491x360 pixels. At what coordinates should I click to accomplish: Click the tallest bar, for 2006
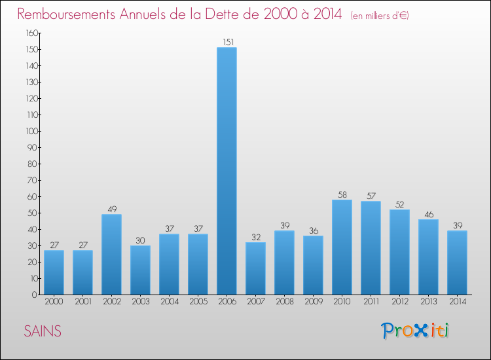click(227, 171)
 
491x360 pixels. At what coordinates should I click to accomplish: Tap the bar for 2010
click(342, 247)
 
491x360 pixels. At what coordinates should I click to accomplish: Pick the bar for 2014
click(457, 262)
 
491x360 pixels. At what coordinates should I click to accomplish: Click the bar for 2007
click(255, 268)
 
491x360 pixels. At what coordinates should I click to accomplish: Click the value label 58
click(342, 195)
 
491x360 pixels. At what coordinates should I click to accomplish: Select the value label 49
click(111, 209)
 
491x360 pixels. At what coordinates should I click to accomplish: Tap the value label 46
click(428, 215)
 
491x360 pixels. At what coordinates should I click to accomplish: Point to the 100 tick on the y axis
click(31, 131)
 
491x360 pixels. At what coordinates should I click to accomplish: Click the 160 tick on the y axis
click(31, 33)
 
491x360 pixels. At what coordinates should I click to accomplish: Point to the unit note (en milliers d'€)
click(380, 15)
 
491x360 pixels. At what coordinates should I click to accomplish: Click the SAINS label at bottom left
click(43, 331)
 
